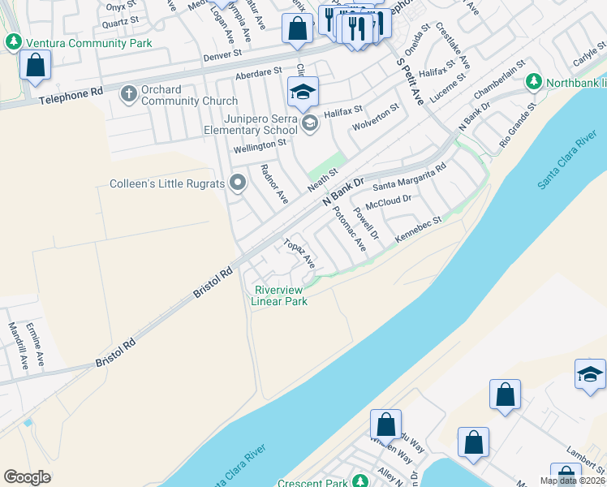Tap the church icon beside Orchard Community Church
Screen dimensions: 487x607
pyautogui.click(x=128, y=94)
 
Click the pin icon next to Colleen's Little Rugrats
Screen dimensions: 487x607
pyautogui.click(x=238, y=183)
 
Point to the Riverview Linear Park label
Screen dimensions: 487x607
pyautogui.click(x=280, y=295)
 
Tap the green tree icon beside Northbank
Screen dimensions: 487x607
pyautogui.click(x=533, y=82)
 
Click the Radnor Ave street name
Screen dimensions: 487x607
pyautogui.click(x=272, y=183)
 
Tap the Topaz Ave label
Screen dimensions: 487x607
pyautogui.click(x=299, y=253)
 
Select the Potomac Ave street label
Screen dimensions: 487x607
pyautogui.click(x=349, y=227)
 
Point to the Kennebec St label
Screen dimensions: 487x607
pyautogui.click(x=418, y=228)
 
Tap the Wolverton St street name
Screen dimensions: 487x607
pyautogui.click(x=376, y=119)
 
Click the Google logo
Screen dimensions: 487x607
pyautogui.click(x=28, y=477)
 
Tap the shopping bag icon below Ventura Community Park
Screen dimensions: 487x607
pyautogui.click(x=36, y=65)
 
